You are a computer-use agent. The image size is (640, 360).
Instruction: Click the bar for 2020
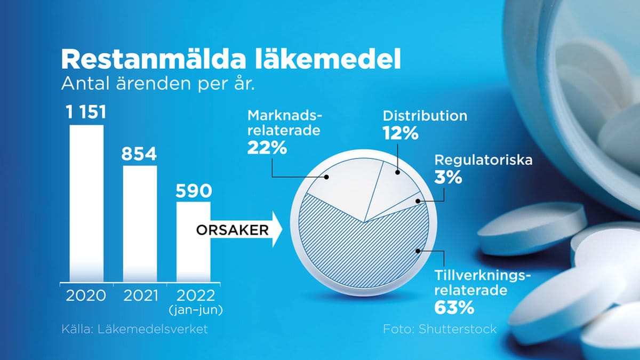coord(86,203)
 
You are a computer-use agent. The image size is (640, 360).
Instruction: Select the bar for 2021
coord(140,223)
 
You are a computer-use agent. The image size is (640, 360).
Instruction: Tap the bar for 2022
coord(194,242)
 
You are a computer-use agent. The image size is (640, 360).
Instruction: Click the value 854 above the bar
coord(139,154)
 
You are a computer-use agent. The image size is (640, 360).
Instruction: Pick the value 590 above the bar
coord(194,191)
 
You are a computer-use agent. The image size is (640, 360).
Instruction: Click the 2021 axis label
coord(141,295)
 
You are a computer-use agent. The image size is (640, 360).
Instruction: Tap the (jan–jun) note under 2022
coord(196,310)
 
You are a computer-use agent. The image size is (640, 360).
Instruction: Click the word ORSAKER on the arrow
coord(233,230)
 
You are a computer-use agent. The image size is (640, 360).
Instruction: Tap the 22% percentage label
coord(267,148)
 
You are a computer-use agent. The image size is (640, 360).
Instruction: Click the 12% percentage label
coord(401,133)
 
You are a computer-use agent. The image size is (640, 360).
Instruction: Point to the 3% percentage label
coord(448,177)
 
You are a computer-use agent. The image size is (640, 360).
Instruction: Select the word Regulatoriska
coord(483,160)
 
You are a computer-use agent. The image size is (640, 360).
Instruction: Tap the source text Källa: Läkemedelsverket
coord(134,329)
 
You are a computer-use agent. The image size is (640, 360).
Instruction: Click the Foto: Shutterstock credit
coord(439,329)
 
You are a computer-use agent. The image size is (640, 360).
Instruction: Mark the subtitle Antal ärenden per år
coord(158,83)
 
